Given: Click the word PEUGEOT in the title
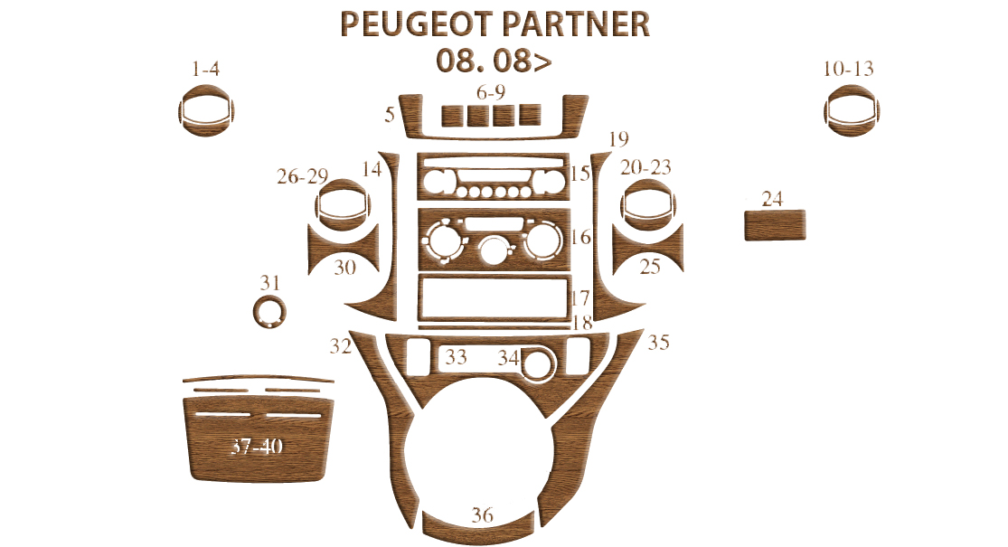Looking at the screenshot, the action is click(x=416, y=24).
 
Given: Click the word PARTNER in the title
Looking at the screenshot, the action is click(x=575, y=24).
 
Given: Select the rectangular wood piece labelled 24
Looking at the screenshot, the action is click(x=775, y=225).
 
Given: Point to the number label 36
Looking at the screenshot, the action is click(x=482, y=514).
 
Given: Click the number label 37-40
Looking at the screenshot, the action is click(x=257, y=446).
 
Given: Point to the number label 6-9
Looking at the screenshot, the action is click(x=491, y=93).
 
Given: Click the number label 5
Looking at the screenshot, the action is click(x=390, y=115).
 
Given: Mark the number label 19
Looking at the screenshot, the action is click(x=618, y=139).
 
